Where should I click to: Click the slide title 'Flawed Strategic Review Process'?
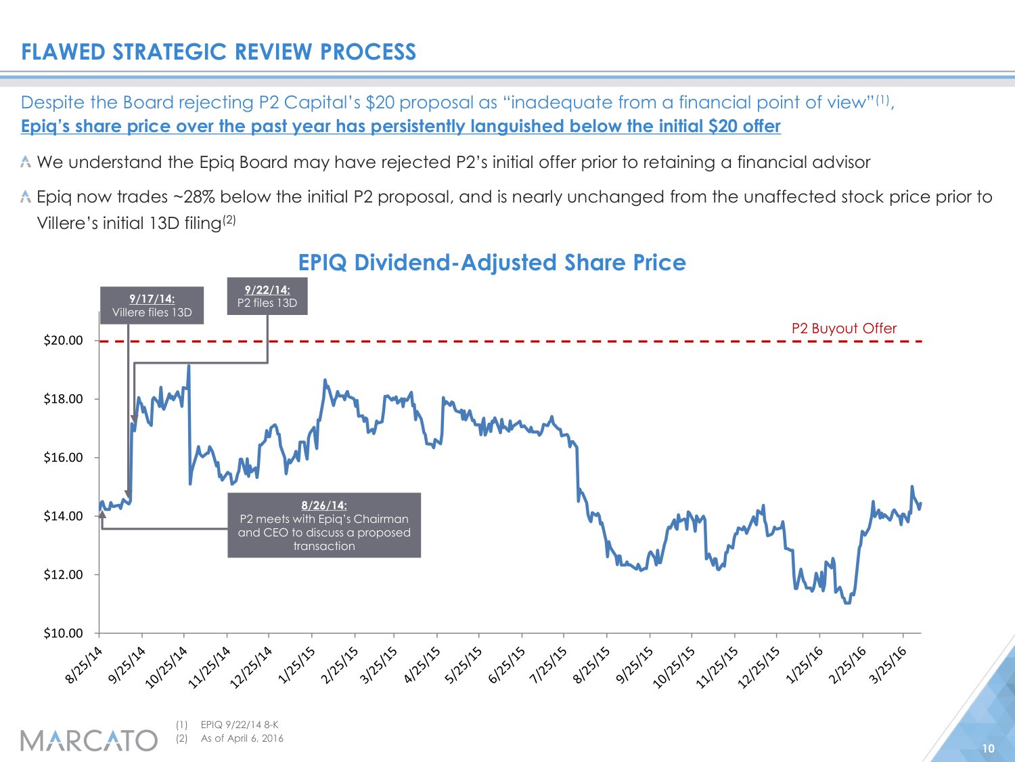click(218, 52)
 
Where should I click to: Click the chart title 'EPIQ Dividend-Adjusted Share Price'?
click(492, 262)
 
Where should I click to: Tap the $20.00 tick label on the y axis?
click(63, 341)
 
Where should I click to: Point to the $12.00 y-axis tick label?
click(63, 575)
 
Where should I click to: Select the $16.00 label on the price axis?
click(63, 458)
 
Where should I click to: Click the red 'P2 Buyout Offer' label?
click(844, 329)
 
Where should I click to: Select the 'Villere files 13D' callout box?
click(152, 305)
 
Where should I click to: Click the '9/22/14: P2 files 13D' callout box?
click(267, 296)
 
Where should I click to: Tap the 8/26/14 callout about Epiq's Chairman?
click(324, 526)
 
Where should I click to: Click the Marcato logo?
click(89, 740)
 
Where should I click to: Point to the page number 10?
click(988, 748)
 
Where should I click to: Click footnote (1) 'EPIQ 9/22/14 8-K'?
click(240, 725)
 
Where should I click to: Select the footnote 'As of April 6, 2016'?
click(242, 738)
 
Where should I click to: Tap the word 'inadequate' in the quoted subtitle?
click(558, 102)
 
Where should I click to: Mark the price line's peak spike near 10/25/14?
click(189, 366)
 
